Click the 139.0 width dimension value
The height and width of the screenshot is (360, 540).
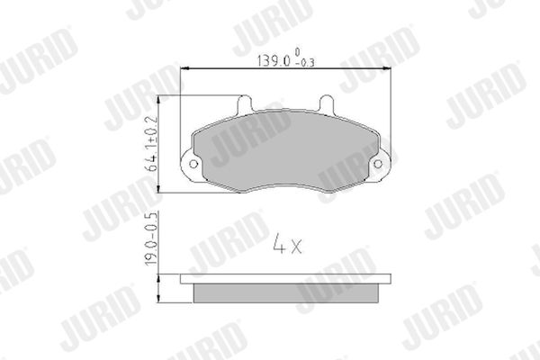click(274, 60)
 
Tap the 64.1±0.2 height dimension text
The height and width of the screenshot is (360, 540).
click(151, 144)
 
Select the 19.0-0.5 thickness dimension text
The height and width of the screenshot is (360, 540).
click(151, 238)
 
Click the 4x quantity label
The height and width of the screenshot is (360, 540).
click(287, 244)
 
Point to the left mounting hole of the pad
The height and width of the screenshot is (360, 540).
click(193, 164)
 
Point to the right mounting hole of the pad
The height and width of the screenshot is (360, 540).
click(378, 164)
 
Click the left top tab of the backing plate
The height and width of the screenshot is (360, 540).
click(245, 103)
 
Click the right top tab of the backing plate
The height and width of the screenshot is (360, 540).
click(326, 103)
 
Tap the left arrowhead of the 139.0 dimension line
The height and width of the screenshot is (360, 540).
click(184, 68)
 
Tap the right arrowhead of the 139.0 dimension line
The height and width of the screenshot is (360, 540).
click(387, 68)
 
